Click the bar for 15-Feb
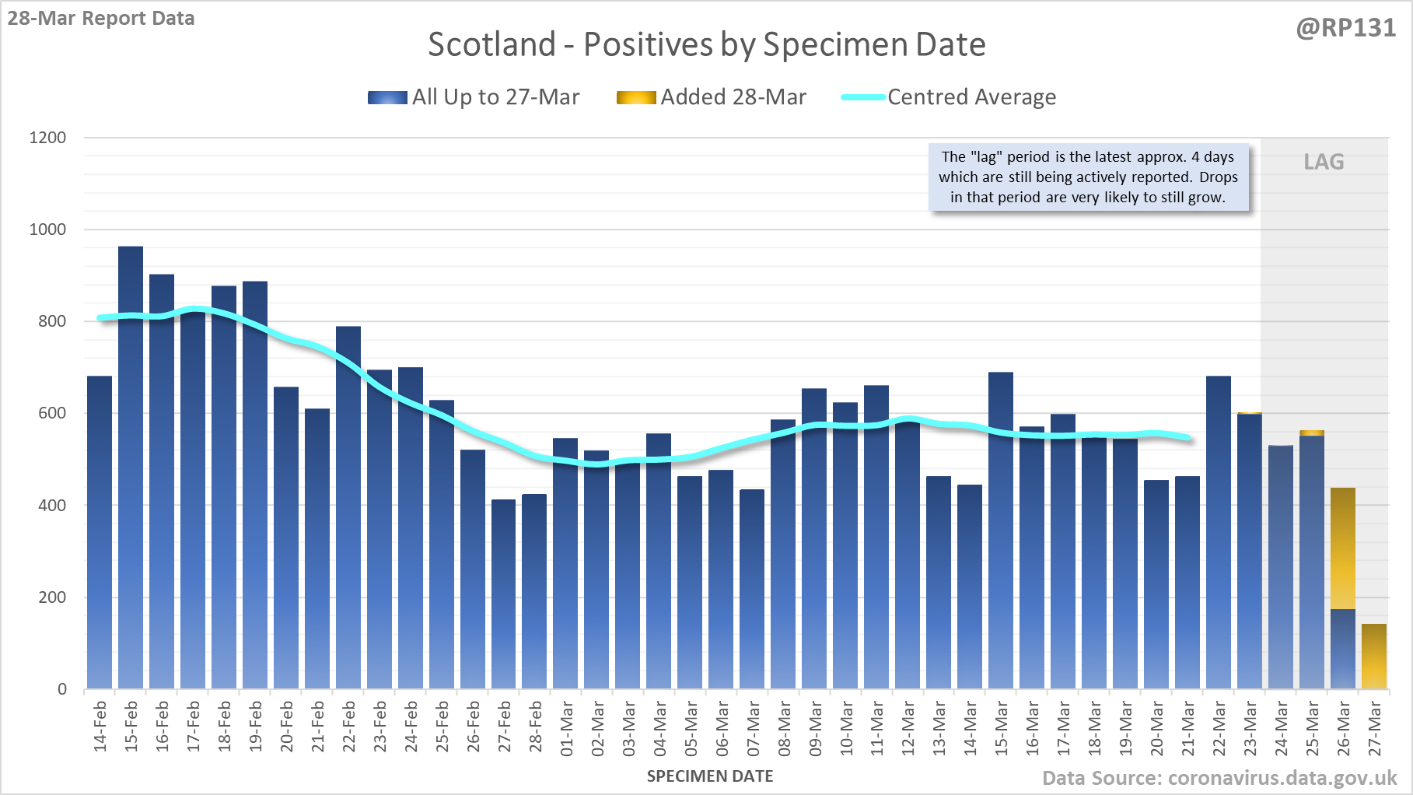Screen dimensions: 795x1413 [x=131, y=467]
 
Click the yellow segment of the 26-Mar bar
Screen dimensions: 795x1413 [x=1343, y=548]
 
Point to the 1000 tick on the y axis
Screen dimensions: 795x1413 [x=48, y=229]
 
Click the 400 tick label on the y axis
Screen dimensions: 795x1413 [x=51, y=506]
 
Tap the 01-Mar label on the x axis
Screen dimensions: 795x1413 [x=566, y=728]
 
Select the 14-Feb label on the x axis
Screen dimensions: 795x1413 [x=100, y=727]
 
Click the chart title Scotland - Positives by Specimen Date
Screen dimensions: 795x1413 [x=706, y=44]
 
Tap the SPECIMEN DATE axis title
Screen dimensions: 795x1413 [x=709, y=776]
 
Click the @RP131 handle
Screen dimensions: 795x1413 [x=1345, y=28]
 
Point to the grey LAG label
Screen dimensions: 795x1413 [x=1324, y=162]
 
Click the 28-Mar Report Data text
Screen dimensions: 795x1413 [x=101, y=18]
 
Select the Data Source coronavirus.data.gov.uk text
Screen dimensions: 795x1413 [x=1219, y=778]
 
